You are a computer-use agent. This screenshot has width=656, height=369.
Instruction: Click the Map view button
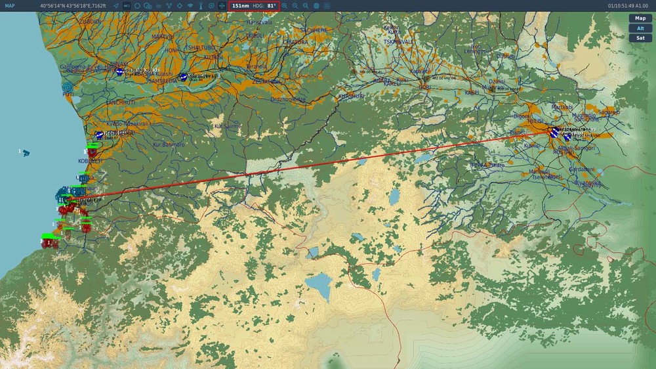coord(640,18)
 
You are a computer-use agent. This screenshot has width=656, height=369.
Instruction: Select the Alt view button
coord(640,28)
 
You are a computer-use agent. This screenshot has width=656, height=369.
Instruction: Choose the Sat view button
coord(640,38)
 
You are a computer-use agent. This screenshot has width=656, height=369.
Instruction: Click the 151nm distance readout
coord(241,6)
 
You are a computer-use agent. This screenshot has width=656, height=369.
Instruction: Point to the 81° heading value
coord(271,6)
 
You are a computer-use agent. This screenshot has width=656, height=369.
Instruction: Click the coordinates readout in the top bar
coord(73,6)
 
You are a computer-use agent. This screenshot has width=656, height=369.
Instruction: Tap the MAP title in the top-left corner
coord(10,6)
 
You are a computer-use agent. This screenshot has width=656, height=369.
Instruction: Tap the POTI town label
coord(68,95)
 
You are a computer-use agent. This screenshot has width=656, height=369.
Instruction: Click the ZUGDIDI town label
coord(89,22)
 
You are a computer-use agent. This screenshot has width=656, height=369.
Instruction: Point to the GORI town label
coord(425,86)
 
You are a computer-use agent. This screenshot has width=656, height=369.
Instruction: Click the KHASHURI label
coord(351,96)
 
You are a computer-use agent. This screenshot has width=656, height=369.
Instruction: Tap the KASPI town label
coord(472,93)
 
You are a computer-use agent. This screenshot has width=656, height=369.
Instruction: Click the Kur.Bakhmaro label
coord(169,144)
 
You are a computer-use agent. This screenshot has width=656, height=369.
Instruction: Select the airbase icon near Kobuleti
coord(99,135)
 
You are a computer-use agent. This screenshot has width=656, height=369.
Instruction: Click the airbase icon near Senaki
coord(119,72)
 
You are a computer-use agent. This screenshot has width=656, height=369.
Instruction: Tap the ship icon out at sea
coord(25,152)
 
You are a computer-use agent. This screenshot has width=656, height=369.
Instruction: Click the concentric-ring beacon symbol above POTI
coord(68,87)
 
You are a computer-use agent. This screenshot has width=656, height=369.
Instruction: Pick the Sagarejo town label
coord(608,112)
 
